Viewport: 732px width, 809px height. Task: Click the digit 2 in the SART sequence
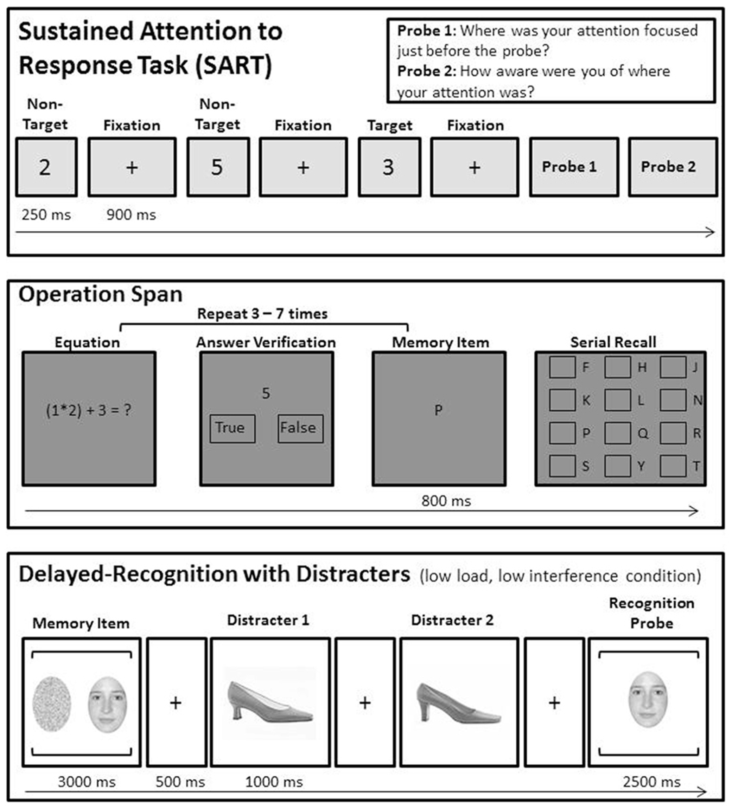45,167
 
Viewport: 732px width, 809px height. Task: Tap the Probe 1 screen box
573,167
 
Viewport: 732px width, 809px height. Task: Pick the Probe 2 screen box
672,167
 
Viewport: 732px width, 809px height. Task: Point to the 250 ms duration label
46,215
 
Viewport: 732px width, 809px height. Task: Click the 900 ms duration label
131,215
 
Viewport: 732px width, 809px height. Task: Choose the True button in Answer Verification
232,428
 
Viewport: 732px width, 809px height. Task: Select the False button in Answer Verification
300,428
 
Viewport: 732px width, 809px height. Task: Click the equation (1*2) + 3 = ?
88,410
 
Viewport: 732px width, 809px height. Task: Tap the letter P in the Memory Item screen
439,410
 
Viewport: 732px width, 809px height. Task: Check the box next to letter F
562,367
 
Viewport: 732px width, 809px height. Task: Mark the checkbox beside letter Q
617,433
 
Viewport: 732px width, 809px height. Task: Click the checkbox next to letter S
562,466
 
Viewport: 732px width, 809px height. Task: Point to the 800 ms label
446,501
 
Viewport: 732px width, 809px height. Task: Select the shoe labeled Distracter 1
270,702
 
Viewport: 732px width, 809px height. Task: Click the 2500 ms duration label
652,782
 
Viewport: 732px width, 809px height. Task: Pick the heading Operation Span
100,294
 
